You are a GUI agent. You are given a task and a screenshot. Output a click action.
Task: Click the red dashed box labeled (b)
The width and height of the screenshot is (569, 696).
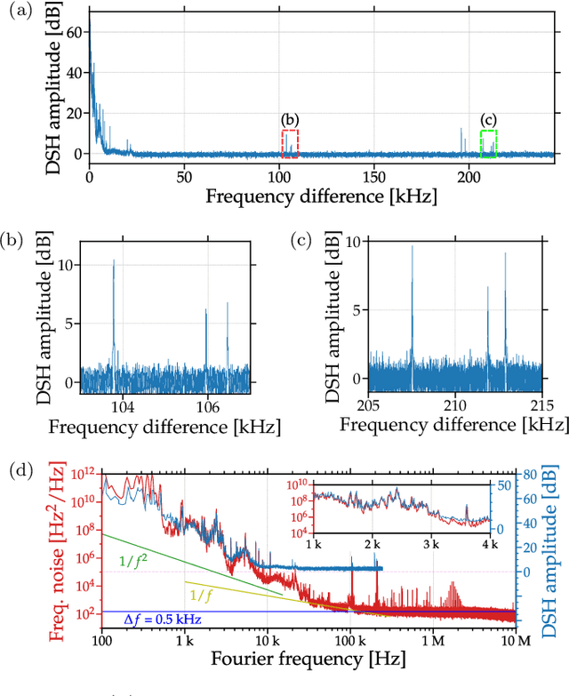coord(290,143)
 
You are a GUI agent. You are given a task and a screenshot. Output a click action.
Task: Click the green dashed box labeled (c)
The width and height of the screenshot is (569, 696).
coord(488,143)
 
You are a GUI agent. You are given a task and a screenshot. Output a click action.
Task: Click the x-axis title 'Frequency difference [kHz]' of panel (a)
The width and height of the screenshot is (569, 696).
coord(321,196)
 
